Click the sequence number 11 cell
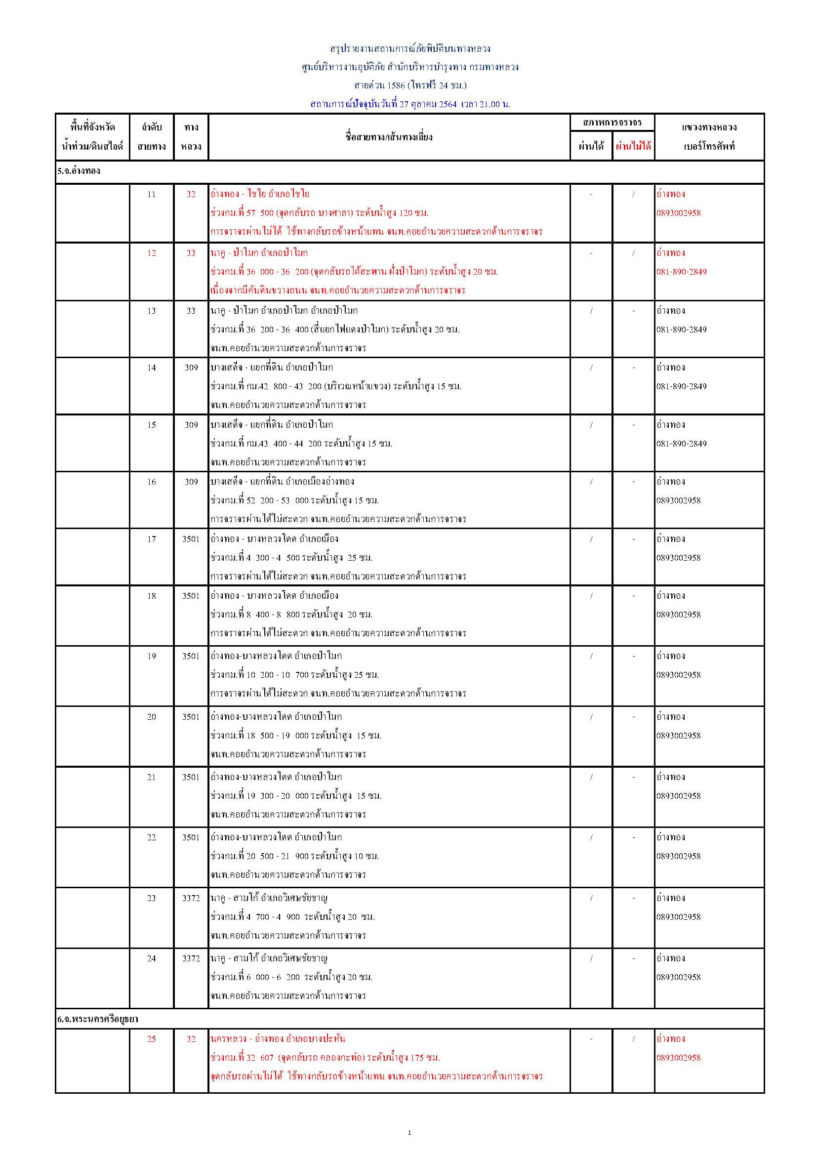click(x=152, y=194)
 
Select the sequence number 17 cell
click(x=152, y=539)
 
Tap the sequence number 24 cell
click(x=152, y=958)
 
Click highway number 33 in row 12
click(x=191, y=253)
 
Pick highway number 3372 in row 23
click(x=191, y=898)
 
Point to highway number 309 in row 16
click(x=191, y=482)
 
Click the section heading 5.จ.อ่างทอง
click(x=79, y=171)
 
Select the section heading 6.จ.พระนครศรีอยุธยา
click(x=98, y=1019)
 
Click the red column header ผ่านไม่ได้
click(x=633, y=146)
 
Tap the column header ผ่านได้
click(x=591, y=146)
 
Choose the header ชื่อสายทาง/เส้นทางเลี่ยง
click(x=389, y=137)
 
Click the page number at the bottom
click(x=409, y=1132)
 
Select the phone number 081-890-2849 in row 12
click(x=681, y=272)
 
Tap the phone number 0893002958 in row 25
click(x=678, y=1057)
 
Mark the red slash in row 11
click(x=633, y=194)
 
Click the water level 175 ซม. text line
click(x=326, y=1057)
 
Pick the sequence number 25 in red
click(x=152, y=1038)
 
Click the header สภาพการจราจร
click(x=612, y=122)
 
